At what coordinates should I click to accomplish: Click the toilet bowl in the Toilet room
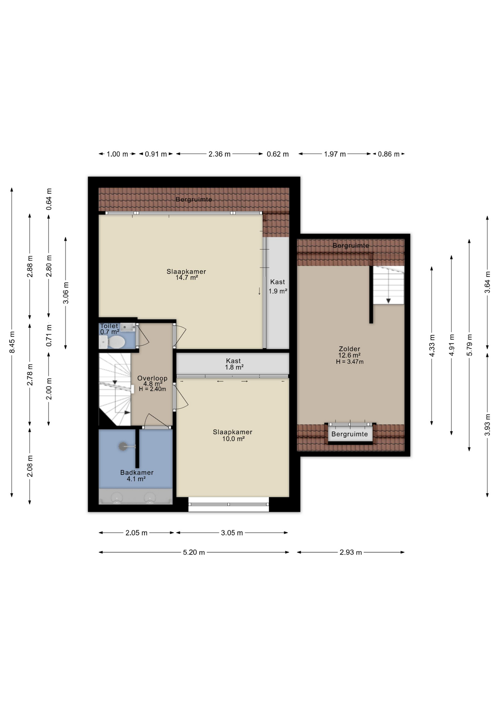point(114,343)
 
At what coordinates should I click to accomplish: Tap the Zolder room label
point(349,349)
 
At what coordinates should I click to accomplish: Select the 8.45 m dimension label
point(12,342)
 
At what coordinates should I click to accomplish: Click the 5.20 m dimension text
point(194,552)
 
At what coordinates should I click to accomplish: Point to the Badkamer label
point(137,473)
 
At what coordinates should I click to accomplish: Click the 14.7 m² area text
point(187,278)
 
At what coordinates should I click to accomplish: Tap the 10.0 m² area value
point(233,439)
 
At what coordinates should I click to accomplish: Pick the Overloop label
point(152,378)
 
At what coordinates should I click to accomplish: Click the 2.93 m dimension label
point(351,552)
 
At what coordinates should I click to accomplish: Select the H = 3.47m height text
point(350,362)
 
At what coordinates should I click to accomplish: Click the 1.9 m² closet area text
point(278,291)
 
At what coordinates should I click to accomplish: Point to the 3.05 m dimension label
point(232,533)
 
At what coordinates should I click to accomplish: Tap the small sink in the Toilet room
point(128,327)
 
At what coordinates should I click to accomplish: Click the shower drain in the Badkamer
point(122,446)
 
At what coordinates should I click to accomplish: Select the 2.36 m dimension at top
point(219,154)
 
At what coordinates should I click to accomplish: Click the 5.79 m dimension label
point(470,345)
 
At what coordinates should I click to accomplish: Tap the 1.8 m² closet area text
point(234,367)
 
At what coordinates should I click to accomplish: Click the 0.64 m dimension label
point(49,199)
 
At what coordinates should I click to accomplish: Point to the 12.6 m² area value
point(349,355)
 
